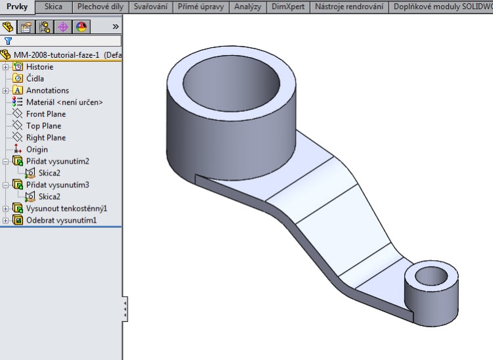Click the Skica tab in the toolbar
click(x=53, y=7)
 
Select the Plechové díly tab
click(x=100, y=7)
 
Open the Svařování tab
click(x=150, y=7)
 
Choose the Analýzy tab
click(x=248, y=7)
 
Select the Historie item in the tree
click(x=39, y=67)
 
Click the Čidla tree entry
click(x=35, y=79)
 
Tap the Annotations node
click(x=47, y=91)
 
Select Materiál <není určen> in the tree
click(x=64, y=102)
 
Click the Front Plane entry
click(x=45, y=114)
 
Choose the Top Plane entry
click(x=43, y=126)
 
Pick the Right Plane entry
click(x=45, y=138)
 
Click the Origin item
click(x=37, y=150)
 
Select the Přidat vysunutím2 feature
click(x=57, y=162)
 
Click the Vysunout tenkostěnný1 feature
click(x=66, y=209)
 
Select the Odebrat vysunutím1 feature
click(x=61, y=221)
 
